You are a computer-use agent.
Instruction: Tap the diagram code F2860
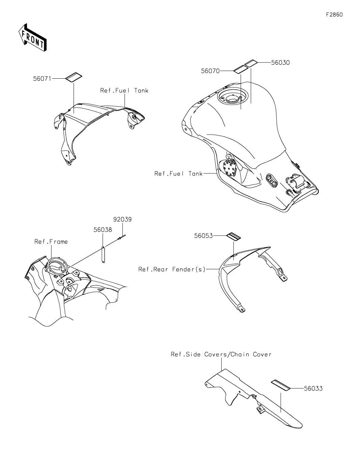coord(334,15)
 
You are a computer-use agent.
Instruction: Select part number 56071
coord(42,79)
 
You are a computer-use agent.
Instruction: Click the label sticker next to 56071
coord(74,77)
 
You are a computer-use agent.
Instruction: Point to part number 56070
coord(210,71)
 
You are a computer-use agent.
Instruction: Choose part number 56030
coord(280,63)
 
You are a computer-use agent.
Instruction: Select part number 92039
coord(122,220)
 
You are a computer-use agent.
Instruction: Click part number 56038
coord(103,230)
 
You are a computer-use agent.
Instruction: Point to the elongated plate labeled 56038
coord(103,254)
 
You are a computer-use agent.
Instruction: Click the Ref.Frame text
coord(51,242)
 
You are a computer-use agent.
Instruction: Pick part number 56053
coord(203,236)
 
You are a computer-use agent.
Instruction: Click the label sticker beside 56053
coord(233,237)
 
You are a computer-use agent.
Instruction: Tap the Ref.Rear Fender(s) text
coord(172,269)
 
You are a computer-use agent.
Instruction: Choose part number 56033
coord(313,388)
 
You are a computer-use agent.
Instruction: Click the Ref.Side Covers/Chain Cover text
coord(221,354)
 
